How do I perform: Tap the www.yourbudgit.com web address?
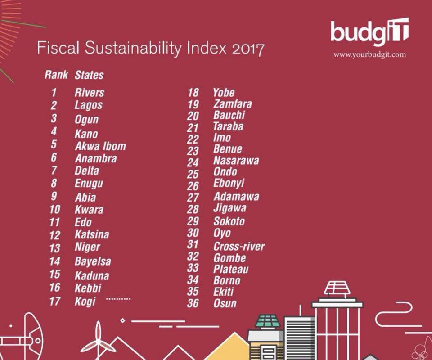coord(369,54)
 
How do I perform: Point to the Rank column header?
coord(56,75)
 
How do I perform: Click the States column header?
coord(89,75)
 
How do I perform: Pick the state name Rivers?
coord(90,93)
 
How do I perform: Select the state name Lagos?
coord(89,105)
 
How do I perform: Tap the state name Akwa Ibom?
coord(100,146)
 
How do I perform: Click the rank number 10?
coord(54,210)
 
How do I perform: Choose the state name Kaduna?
coord(92,275)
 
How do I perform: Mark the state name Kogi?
coord(85,301)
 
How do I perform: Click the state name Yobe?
coord(224,93)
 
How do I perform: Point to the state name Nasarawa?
coord(236,160)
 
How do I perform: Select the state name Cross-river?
coord(239,246)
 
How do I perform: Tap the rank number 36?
coord(193,303)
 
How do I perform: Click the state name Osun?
coord(225,303)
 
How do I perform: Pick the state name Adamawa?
coord(236,197)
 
